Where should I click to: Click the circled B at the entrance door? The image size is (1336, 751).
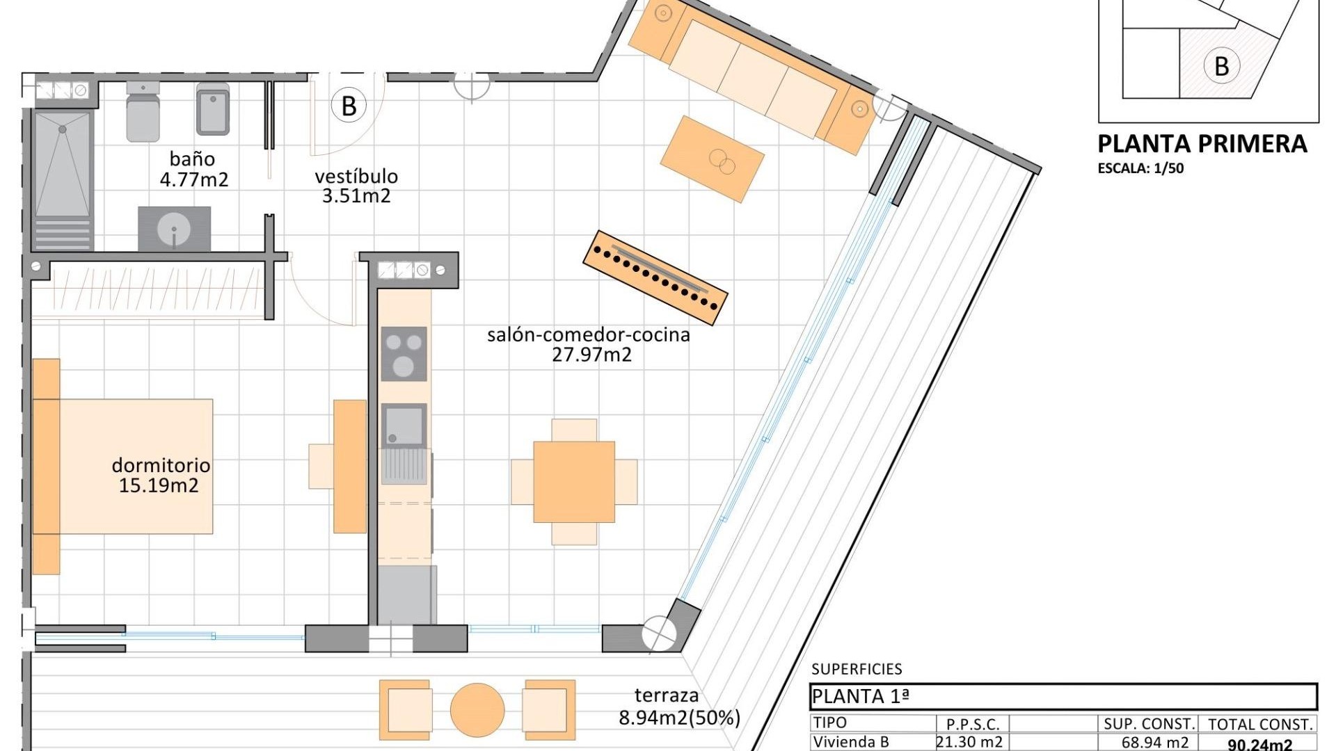click(x=349, y=106)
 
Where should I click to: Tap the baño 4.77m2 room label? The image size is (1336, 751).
click(x=193, y=170)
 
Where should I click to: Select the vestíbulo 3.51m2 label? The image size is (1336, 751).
click(x=356, y=186)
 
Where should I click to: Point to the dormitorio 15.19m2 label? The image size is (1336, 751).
click(x=160, y=475)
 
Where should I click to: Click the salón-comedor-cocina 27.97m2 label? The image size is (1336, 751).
click(x=589, y=344)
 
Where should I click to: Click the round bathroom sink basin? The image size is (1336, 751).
click(x=173, y=228)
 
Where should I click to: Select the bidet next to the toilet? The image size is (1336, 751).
click(x=213, y=110)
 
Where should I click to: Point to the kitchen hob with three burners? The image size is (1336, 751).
click(x=404, y=354)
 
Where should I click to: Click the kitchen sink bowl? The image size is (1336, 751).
click(x=404, y=424)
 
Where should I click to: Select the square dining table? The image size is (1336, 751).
click(x=574, y=481)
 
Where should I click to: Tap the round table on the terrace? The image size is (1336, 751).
click(x=477, y=710)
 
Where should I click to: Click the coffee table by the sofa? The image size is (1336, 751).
click(x=712, y=159)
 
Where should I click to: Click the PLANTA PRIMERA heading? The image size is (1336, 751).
click(x=1202, y=144)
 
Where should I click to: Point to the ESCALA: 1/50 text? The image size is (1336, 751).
click(x=1140, y=168)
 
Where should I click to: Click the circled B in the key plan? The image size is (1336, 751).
click(x=1221, y=67)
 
